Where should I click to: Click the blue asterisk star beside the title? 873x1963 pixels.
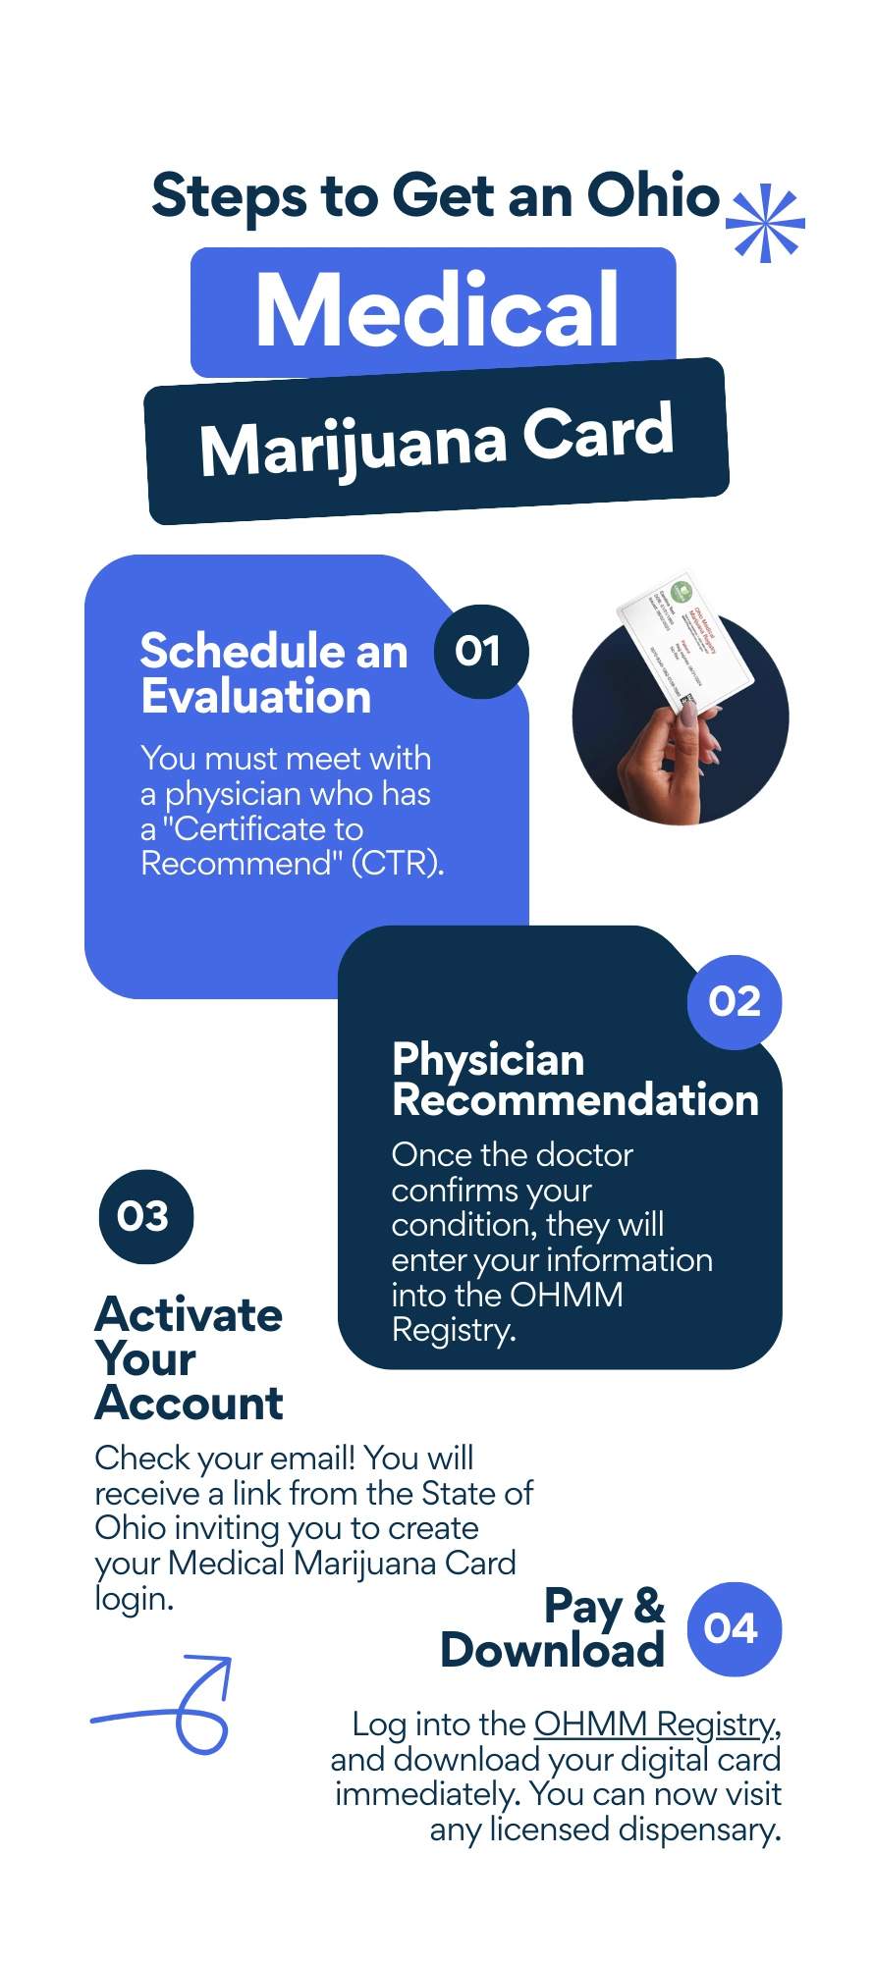765,223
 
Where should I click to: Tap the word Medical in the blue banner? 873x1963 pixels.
437,310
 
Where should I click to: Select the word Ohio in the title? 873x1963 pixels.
652,195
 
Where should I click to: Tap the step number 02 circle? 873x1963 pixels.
735,1002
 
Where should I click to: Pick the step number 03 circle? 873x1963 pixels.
145,1217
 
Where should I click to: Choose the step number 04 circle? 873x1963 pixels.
734,1628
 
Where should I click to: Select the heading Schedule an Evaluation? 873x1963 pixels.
273,673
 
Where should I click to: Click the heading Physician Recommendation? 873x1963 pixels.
574,1080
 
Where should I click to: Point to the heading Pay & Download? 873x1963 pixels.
554,1628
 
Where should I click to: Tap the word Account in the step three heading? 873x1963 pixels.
190,1403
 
